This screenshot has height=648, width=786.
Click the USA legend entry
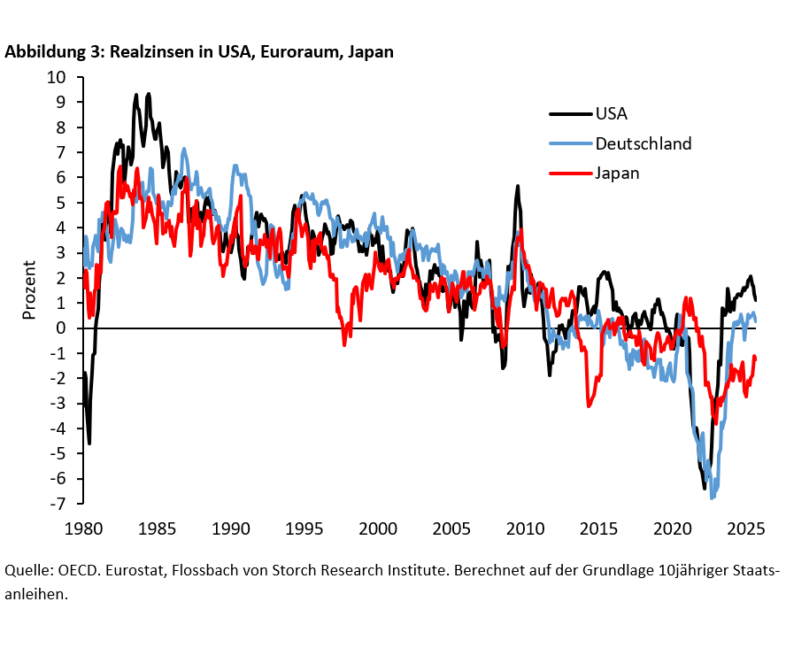coord(612,113)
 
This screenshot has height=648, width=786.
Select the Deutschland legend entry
coord(643,143)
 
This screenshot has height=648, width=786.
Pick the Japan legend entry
coord(617,173)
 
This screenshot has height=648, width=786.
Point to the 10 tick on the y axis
coord(56,77)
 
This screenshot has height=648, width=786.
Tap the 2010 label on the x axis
coord(525,529)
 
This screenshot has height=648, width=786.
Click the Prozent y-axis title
coord(29,291)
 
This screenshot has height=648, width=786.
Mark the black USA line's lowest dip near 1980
coord(89,443)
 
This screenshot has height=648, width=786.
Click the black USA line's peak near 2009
coord(517,186)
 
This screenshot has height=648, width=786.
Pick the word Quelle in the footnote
coord(27,570)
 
